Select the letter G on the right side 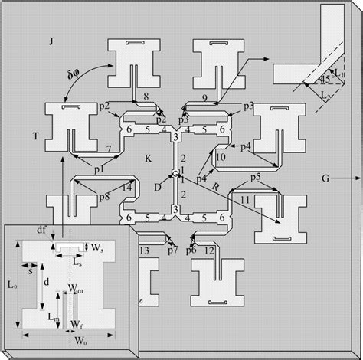click(325, 178)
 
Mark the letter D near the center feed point click(158, 187)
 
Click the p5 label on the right click(256, 178)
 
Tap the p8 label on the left click(104, 197)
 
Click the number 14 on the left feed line click(127, 187)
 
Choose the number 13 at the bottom click(144, 250)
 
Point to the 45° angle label click(325, 80)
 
